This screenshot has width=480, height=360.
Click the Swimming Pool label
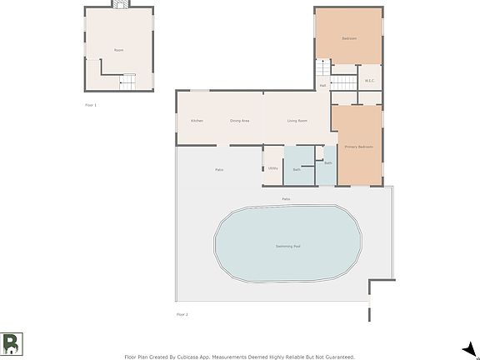pos(290,247)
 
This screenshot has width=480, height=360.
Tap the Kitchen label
pos(197,121)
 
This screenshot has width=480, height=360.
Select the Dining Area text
pos(240,121)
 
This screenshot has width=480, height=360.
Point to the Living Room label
pos(297,121)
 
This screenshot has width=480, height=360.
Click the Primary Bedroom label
pos(359,147)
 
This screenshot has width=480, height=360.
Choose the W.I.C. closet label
pos(370,81)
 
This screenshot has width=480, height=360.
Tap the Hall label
pos(322,85)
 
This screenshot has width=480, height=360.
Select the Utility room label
pos(272,168)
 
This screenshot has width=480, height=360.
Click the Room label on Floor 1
pos(119,50)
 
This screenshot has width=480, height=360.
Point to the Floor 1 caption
pos(91,105)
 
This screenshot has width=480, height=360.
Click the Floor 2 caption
pos(182,314)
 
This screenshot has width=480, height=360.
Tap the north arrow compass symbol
pos(469,348)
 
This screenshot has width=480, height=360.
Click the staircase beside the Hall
pos(345,82)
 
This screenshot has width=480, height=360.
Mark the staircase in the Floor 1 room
pos(127,81)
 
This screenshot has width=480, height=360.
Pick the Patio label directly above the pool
pos(286,199)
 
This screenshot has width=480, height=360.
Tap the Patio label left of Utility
pos(219,170)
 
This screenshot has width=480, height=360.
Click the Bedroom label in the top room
pos(349,38)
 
